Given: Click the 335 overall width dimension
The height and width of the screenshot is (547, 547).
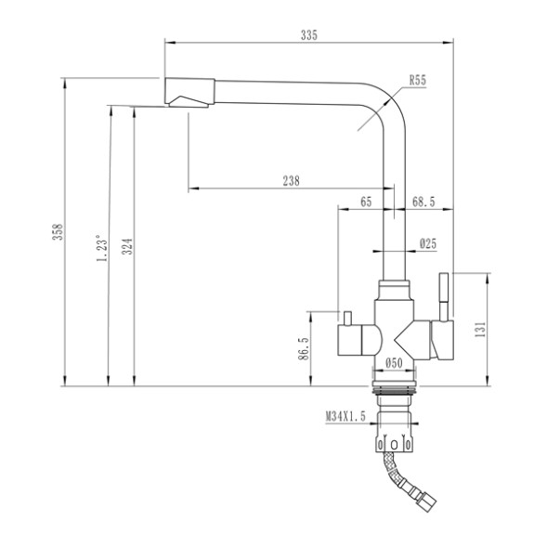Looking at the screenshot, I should [x=309, y=35].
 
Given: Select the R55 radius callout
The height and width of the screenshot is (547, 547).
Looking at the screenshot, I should [x=416, y=82].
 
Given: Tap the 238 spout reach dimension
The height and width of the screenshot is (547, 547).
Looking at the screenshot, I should [x=291, y=182].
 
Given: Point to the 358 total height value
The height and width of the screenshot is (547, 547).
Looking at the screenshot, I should [x=57, y=231].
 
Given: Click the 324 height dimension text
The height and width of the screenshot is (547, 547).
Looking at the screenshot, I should [x=127, y=245].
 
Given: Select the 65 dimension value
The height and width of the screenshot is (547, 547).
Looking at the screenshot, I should [x=365, y=202].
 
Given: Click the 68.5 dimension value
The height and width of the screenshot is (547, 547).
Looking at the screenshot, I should [x=423, y=202].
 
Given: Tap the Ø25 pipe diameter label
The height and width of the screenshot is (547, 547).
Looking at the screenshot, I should [x=427, y=243].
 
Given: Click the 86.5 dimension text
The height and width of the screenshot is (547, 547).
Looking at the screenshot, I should [x=304, y=353].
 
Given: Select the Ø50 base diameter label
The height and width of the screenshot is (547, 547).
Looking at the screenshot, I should [x=394, y=362].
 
